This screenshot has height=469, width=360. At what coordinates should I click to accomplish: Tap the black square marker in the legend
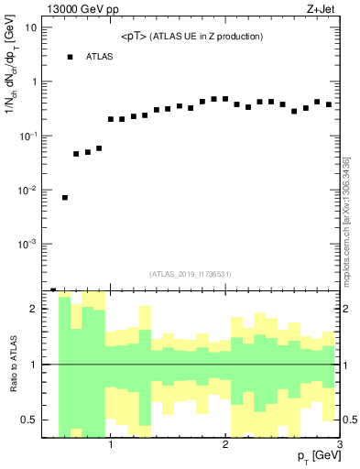[x=70, y=57]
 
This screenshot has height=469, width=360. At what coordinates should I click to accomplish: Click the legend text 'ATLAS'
[x=100, y=57]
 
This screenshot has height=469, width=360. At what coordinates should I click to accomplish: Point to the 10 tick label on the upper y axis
[x=29, y=27]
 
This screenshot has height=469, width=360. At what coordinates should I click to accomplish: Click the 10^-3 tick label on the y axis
[x=27, y=245]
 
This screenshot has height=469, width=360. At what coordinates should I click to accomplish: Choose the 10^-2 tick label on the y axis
[x=27, y=191]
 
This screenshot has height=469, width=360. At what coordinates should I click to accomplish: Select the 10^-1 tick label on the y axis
[x=27, y=136]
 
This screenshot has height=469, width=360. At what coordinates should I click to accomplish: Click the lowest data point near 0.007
[x=65, y=198]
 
